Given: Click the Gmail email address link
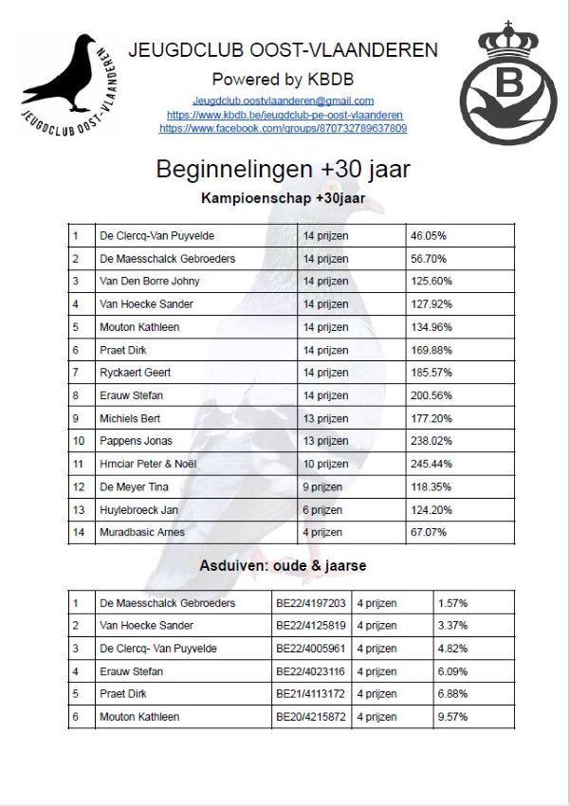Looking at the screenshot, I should [283, 101].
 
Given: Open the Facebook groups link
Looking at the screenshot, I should [283, 128].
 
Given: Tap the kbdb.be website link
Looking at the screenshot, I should [283, 115].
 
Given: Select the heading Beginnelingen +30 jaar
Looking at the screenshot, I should [283, 170].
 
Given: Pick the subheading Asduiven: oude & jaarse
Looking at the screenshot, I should [283, 566].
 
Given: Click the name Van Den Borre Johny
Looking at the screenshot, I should [150, 282].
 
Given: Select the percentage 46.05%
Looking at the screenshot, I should [429, 235].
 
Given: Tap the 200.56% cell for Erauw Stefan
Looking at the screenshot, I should [431, 395].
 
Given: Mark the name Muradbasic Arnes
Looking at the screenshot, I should [142, 532].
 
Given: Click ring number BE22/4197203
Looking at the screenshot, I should [310, 603].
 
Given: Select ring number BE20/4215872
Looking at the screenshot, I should [310, 717].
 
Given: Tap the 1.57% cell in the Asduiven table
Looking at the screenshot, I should [452, 603].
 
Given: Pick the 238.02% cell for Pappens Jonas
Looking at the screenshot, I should [431, 441].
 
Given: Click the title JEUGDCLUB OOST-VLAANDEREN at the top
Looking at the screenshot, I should [283, 50].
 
